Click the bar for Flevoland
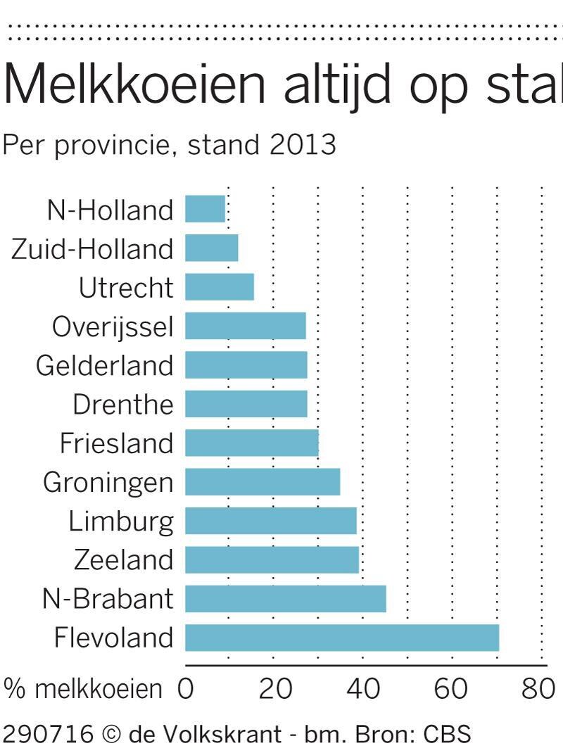point(342,638)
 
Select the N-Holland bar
point(205,209)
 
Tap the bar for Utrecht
point(220,287)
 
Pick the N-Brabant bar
point(286,598)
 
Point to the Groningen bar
point(262,482)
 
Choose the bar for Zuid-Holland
point(212,248)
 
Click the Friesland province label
point(116,443)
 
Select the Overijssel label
point(113,327)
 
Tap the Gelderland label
point(104,365)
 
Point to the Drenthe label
point(122,405)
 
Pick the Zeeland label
point(123,560)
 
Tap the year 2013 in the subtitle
point(303,144)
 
